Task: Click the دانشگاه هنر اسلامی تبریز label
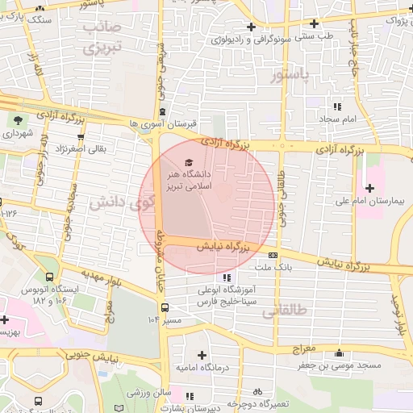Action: [210, 179]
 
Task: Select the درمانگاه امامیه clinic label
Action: [202, 368]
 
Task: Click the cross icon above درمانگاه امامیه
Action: [201, 355]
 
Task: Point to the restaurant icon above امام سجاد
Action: [337, 106]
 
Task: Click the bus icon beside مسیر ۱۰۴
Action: [165, 307]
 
